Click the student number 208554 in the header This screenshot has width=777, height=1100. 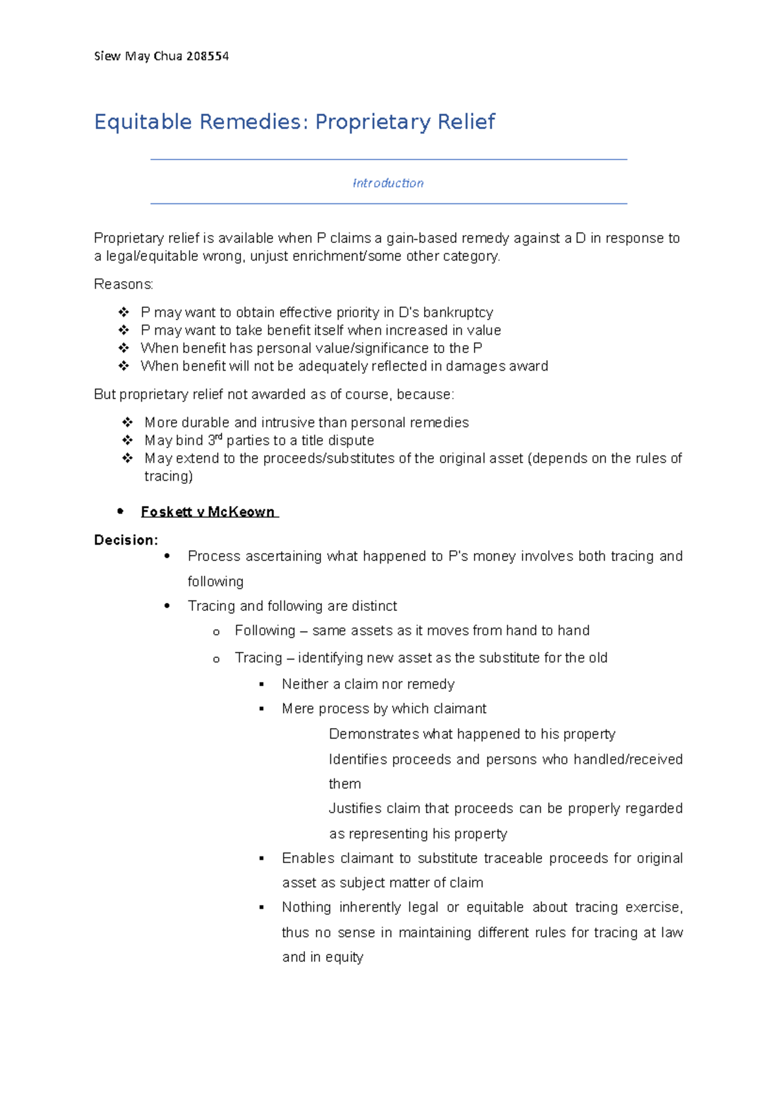click(x=207, y=56)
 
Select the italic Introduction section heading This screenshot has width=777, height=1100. click(x=388, y=183)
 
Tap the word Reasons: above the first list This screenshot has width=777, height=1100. click(x=124, y=284)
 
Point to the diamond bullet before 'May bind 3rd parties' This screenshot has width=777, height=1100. click(x=127, y=441)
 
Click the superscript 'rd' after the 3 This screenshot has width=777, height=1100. click(x=219, y=437)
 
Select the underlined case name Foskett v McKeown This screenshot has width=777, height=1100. click(x=208, y=512)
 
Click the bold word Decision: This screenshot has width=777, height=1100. click(x=126, y=540)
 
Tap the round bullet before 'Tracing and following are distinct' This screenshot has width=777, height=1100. click(x=167, y=606)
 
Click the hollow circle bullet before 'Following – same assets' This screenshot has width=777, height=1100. click(x=216, y=632)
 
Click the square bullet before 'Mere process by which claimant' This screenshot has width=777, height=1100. click(x=262, y=709)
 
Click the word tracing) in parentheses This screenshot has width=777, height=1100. click(x=168, y=477)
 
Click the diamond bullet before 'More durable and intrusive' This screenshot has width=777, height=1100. click(x=127, y=422)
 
